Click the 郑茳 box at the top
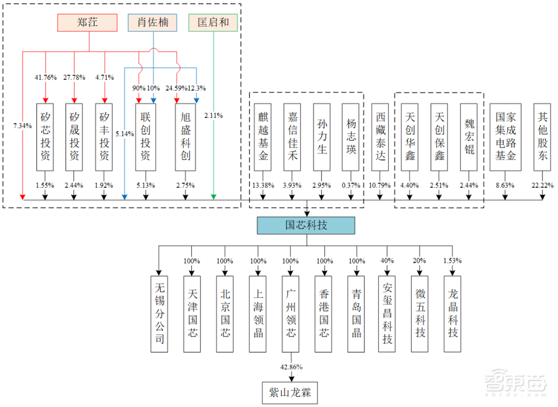point(88,22)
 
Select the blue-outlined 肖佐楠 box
point(152,22)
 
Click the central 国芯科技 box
point(306,225)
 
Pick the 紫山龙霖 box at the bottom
point(290,392)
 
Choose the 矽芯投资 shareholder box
point(45,137)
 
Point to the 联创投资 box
point(146,137)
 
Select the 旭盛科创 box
point(186,137)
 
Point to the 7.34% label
point(22,126)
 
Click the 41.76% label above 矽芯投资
point(45,77)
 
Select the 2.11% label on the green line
point(213,116)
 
